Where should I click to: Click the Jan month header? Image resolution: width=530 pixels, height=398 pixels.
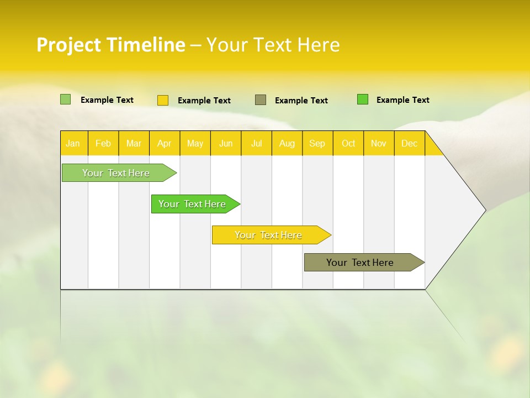click(x=73, y=143)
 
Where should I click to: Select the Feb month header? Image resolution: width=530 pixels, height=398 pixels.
click(x=103, y=143)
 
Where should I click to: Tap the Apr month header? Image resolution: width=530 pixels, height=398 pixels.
click(x=165, y=143)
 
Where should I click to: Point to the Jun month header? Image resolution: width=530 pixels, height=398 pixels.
click(x=226, y=143)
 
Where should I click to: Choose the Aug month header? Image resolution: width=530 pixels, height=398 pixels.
click(x=287, y=143)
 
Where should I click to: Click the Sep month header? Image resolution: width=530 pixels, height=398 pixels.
click(x=317, y=143)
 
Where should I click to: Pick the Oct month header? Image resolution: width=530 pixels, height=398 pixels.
click(x=348, y=143)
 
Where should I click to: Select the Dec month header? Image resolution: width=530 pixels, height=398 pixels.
click(x=410, y=143)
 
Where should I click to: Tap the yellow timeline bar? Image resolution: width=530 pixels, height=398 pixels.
click(x=269, y=235)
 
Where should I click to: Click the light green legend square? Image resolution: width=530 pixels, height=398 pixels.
click(x=66, y=99)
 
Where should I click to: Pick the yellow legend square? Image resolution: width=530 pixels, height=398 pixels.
click(x=163, y=100)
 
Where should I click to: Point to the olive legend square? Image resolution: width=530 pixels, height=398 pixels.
click(x=261, y=100)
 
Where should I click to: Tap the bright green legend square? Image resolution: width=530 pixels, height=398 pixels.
click(x=363, y=99)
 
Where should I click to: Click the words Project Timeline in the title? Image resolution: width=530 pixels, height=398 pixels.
click(x=111, y=45)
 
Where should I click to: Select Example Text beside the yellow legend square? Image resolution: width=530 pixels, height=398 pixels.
click(x=204, y=101)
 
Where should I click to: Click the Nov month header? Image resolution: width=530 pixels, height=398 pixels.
click(x=379, y=143)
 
